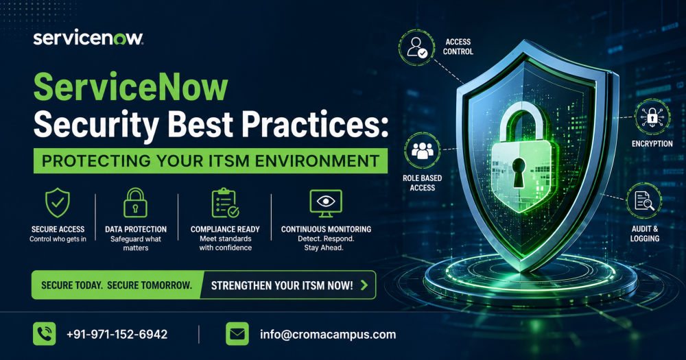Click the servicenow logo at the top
pyautogui.click(x=88, y=38)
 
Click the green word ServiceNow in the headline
pyautogui.click(x=130, y=88)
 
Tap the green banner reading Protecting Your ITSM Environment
pyautogui.click(x=211, y=161)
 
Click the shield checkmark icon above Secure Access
pyautogui.click(x=57, y=204)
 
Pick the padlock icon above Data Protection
pyautogui.click(x=135, y=204)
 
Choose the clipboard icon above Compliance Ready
pyautogui.click(x=224, y=204)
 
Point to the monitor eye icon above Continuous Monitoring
pyautogui.click(x=325, y=204)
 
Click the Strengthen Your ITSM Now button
pyautogui.click(x=288, y=285)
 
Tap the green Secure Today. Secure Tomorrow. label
pyautogui.click(x=117, y=285)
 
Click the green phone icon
pyautogui.click(x=44, y=334)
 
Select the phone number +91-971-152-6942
pyautogui.click(x=117, y=335)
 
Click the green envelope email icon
pyautogui.click(x=237, y=334)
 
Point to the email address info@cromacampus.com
pyautogui.click(x=328, y=335)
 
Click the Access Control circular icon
pyautogui.click(x=417, y=47)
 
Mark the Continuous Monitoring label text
pyautogui.click(x=326, y=229)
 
